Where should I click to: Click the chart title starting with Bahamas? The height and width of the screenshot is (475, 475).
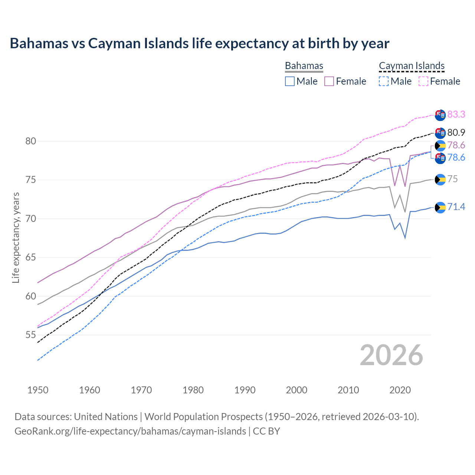(x=199, y=43)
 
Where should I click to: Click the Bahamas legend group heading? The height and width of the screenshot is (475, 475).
(x=304, y=66)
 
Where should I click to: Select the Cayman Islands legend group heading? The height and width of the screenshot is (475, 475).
(x=412, y=66)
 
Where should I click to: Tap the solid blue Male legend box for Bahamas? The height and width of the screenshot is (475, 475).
(x=290, y=81)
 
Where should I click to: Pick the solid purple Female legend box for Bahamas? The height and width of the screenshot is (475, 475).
(x=329, y=81)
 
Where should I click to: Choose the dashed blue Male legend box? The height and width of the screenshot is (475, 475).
(x=384, y=81)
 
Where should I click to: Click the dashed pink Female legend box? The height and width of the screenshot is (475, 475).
(x=423, y=81)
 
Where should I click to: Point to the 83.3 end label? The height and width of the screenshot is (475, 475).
(x=456, y=114)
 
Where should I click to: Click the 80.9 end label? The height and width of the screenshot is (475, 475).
(x=456, y=132)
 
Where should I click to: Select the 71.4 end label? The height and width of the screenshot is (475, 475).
(x=456, y=207)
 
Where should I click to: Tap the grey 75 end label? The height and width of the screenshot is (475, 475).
(x=452, y=179)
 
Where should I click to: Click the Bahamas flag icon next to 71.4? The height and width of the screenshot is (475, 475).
(x=440, y=207)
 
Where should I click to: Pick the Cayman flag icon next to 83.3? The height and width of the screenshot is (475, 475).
(x=440, y=115)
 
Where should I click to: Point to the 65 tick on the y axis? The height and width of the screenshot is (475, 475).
(x=31, y=257)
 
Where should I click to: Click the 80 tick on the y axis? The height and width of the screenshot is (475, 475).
(x=31, y=141)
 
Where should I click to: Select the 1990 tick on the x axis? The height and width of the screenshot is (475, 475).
(x=245, y=390)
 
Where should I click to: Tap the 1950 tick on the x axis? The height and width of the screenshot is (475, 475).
(x=38, y=390)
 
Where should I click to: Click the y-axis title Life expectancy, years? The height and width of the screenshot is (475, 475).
(x=16, y=237)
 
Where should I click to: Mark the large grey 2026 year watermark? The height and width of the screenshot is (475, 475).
(x=392, y=355)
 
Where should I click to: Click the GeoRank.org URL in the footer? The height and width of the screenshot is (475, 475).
(x=130, y=431)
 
